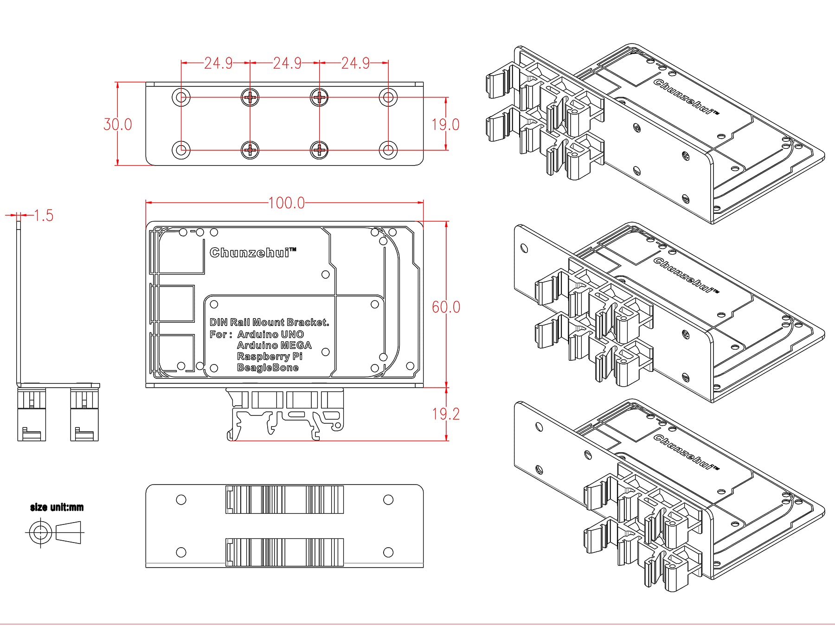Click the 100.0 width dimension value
tap(286, 203)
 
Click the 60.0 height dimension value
tap(446, 307)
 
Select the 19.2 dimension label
tap(446, 414)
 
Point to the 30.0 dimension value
tap(117, 124)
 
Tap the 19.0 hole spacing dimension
tap(445, 124)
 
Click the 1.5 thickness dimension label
tap(44, 216)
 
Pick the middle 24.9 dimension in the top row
tap(287, 63)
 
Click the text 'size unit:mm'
tap(57, 507)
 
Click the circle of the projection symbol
tap(40, 532)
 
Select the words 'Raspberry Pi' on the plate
tap(269, 357)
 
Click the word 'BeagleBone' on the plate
tap(268, 368)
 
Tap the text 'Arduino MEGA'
tap(274, 345)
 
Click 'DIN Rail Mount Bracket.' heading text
tap(269, 322)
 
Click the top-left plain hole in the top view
tap(181, 97)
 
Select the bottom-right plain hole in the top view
tap(388, 150)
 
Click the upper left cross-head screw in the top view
tap(250, 97)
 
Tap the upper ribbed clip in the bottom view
tap(284, 499)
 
